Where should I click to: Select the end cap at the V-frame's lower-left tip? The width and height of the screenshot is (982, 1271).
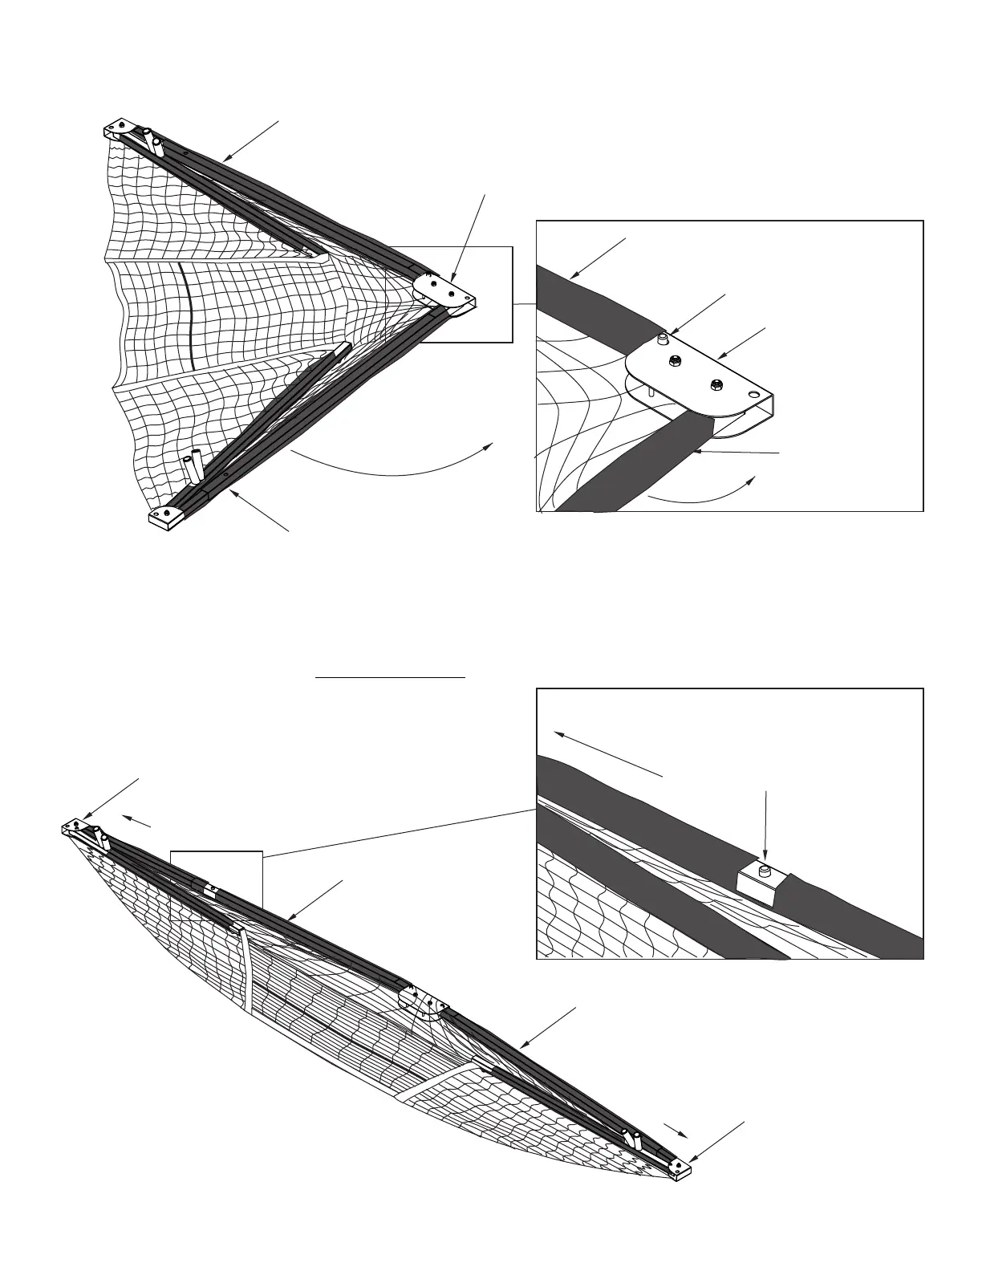click(x=167, y=516)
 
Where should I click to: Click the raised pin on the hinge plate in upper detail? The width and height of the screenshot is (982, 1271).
click(x=663, y=339)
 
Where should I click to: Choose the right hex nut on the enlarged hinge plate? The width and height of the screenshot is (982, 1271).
click(x=716, y=383)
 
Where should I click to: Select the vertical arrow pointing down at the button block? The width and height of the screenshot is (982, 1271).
click(x=767, y=826)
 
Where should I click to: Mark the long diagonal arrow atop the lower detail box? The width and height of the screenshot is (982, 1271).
click(x=608, y=753)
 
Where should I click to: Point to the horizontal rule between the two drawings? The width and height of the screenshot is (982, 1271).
click(x=390, y=678)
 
